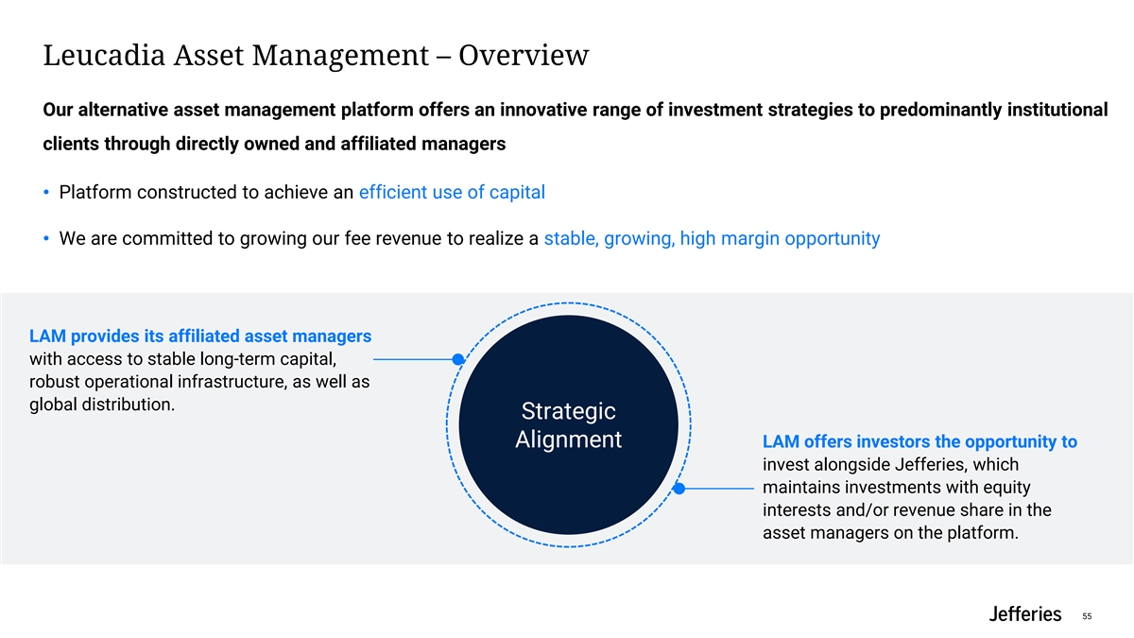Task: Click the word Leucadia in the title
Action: (104, 55)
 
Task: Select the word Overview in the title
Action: (524, 55)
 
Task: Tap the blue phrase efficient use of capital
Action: (452, 193)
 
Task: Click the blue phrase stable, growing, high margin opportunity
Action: (712, 238)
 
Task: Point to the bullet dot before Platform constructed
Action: (46, 192)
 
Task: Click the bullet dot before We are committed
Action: (46, 238)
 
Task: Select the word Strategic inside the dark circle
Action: (569, 411)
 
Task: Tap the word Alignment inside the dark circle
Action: (569, 439)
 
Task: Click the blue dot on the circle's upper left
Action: (457, 359)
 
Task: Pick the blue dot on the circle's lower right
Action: (679, 488)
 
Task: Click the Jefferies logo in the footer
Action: (1025, 613)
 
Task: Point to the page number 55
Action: (1087, 616)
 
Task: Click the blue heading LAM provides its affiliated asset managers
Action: (200, 336)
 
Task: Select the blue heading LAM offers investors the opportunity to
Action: (919, 441)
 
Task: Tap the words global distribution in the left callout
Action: (102, 405)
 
